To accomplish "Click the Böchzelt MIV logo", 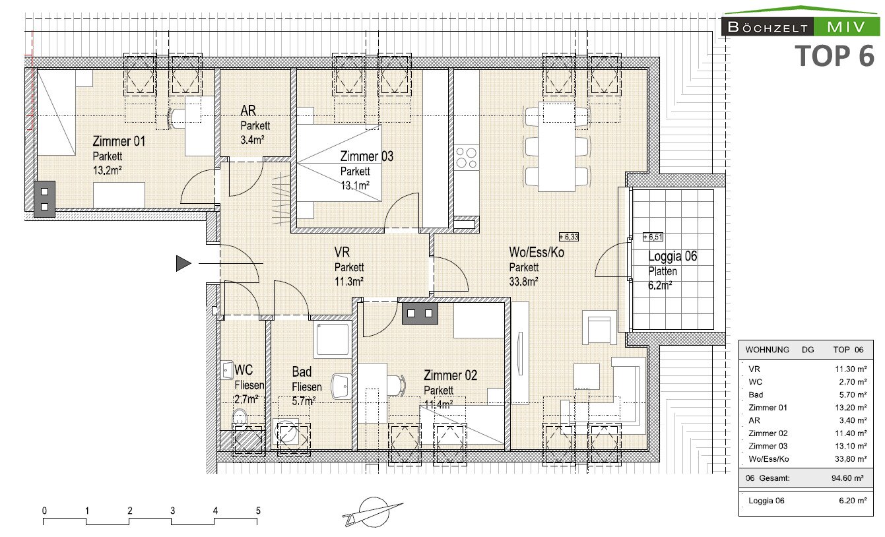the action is pos(801,22).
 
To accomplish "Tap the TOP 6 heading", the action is pos(834,55).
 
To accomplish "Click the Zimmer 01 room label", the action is pos(119,141).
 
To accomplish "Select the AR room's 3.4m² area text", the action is pos(252,139).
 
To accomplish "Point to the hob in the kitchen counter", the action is pos(466,158).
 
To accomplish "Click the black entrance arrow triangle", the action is pos(183,263).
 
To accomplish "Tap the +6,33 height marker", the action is pos(568,237).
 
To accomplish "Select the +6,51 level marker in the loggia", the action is pos(653,237).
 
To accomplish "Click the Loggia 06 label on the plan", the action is pos(672,256).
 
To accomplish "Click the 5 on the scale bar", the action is pos(258,511).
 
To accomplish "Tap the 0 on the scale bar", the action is pos(44,511).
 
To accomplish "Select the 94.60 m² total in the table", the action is pos(847,478).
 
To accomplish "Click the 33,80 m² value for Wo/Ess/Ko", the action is pos(851,458).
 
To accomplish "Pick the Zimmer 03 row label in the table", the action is pos(768,446).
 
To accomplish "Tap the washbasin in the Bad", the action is pos(341,386).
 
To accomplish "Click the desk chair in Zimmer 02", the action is pos(396,385).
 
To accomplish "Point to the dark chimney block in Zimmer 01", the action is pos(44,199).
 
